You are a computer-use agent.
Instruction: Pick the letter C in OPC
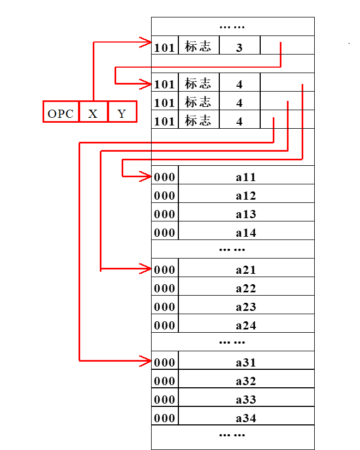[69, 114]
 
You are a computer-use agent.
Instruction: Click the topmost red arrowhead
[146, 42]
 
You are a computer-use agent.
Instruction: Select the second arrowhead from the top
[146, 84]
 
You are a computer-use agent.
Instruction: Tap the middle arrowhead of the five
[146, 176]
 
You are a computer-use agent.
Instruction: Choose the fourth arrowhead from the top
[146, 268]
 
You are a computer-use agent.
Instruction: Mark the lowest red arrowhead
[146, 361]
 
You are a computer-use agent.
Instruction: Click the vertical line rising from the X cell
[94, 71]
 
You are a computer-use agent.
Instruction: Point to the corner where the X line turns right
[94, 42]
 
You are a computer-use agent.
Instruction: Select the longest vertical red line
[80, 251]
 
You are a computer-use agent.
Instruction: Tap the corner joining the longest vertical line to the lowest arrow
[80, 361]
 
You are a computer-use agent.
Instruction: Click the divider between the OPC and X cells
[79, 112]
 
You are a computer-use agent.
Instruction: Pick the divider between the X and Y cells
[108, 112]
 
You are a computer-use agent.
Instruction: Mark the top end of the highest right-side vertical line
[281, 43]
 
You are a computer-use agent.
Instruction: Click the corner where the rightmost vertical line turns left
[303, 159]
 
